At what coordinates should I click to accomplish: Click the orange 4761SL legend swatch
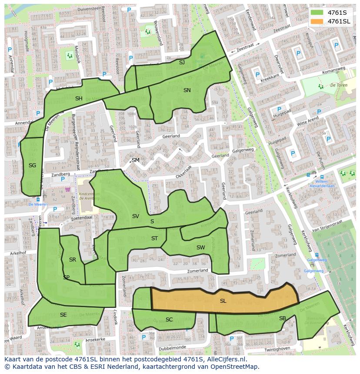(317, 21)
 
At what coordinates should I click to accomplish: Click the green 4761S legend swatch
(317, 12)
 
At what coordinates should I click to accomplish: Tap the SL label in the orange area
(223, 301)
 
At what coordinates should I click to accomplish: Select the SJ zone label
(182, 63)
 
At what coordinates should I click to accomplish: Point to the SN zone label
(187, 90)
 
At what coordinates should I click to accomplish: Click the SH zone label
(79, 99)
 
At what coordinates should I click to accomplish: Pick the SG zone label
(32, 165)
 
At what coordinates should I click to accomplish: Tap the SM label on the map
(136, 160)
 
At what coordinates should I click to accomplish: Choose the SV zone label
(136, 216)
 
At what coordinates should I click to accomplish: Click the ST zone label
(154, 238)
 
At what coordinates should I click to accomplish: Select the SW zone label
(200, 248)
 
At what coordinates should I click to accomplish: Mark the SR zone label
(73, 260)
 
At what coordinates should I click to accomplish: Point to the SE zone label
(63, 315)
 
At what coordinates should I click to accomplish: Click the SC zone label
(169, 320)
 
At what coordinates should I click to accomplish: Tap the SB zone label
(283, 318)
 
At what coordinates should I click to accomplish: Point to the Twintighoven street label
(277, 349)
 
